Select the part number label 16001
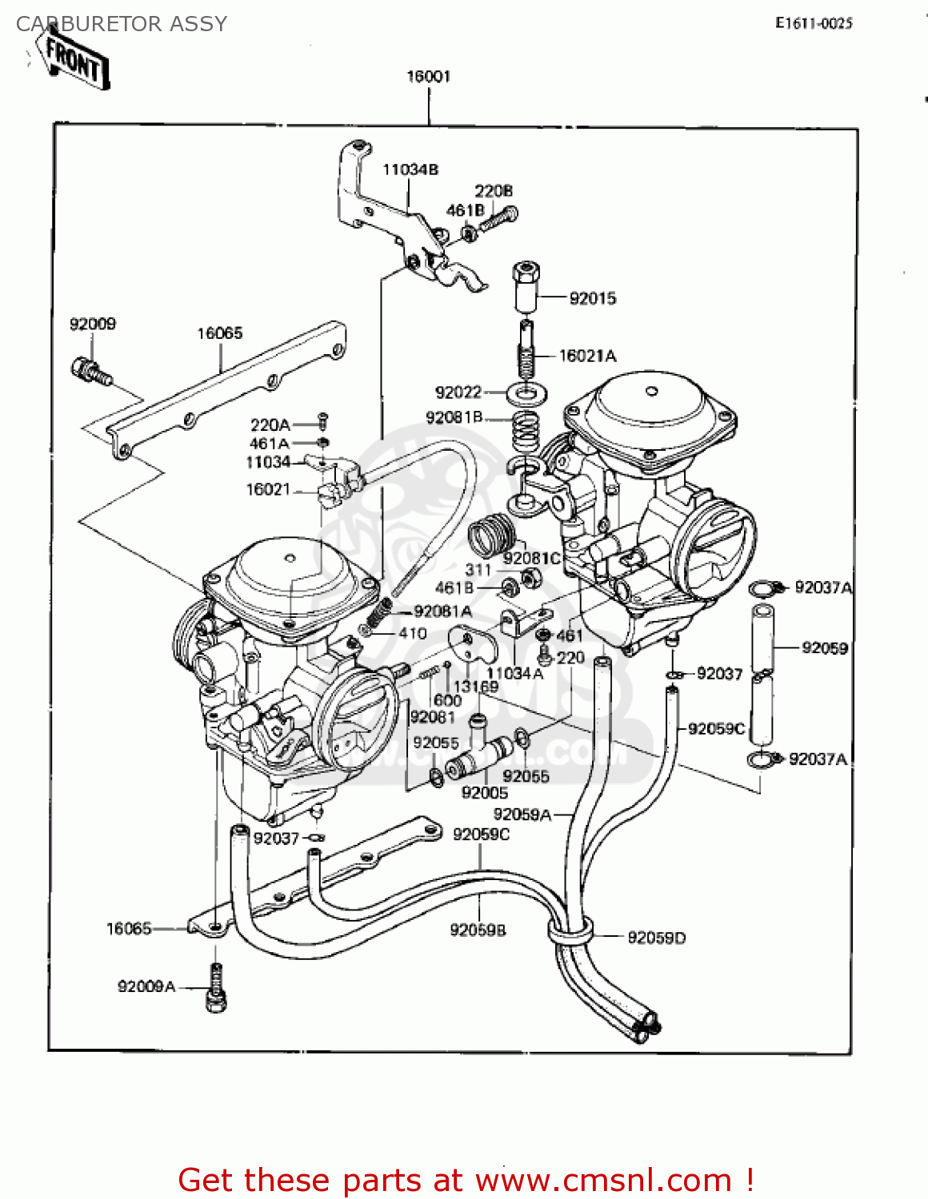[429, 77]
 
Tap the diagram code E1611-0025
[814, 24]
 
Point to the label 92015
[593, 299]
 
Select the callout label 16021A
[587, 357]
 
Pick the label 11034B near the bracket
[410, 169]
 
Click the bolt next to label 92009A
[215, 988]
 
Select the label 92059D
[656, 938]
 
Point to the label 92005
[485, 793]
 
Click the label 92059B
[478, 930]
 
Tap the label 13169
[476, 687]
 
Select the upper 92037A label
[823, 588]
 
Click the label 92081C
[532, 559]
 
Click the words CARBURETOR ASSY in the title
[122, 24]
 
